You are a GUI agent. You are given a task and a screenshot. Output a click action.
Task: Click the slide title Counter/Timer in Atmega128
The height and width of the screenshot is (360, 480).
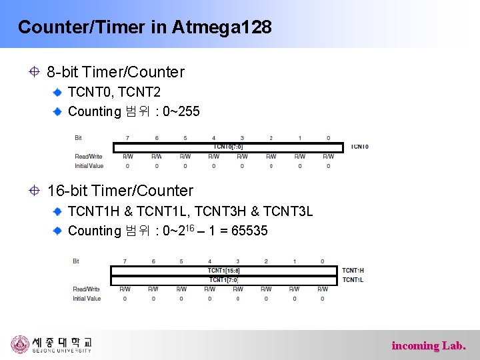point(145,27)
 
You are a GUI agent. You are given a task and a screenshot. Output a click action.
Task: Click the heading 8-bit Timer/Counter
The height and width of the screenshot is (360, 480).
point(115,71)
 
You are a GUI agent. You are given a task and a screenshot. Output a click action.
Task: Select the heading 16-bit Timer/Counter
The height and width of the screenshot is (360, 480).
point(120,191)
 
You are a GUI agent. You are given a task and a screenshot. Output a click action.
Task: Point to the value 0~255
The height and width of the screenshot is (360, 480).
point(181,111)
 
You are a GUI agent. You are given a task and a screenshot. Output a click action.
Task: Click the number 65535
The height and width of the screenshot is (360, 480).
point(247,231)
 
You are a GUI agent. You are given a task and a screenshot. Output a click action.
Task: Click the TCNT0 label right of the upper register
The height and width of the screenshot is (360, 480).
point(359,146)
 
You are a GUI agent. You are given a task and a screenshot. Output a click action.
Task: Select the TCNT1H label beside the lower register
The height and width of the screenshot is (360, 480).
point(353,270)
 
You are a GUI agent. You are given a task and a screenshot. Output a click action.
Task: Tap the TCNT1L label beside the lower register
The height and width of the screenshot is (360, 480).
point(353,279)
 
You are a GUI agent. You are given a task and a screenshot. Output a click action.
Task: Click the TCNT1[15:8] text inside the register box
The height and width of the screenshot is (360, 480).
point(223,270)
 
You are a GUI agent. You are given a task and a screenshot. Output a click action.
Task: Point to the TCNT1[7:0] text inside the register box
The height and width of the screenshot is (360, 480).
point(223,279)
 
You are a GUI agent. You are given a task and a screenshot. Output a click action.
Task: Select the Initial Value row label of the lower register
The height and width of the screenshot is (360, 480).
point(87,299)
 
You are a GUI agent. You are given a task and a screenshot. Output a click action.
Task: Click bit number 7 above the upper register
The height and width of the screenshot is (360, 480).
point(127,138)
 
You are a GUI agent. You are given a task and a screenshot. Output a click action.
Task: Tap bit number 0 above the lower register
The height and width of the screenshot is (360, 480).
point(322,261)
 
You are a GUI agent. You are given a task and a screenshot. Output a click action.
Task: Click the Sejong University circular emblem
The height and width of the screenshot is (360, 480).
point(20,345)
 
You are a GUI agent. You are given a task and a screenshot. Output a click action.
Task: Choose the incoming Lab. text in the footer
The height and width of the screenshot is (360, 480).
point(429,345)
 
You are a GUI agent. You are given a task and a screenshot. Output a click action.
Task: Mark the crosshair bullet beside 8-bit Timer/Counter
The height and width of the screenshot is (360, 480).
point(34,71)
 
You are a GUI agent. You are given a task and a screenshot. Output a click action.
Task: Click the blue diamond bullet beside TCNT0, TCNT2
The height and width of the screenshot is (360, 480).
point(58,91)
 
